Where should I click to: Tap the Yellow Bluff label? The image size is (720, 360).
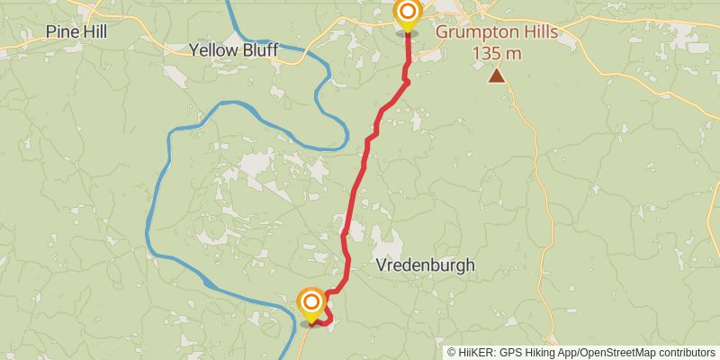pyautogui.click(x=234, y=49)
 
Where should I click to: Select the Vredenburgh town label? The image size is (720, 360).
pyautogui.click(x=425, y=265)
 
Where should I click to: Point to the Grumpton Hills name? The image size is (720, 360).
pyautogui.click(x=497, y=32)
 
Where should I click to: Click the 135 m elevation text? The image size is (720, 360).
pyautogui.click(x=497, y=52)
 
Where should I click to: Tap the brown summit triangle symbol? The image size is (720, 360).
pyautogui.click(x=496, y=76)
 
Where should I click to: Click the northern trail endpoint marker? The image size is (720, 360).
pyautogui.click(x=408, y=13)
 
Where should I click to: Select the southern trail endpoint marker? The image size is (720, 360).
pyautogui.click(x=311, y=301)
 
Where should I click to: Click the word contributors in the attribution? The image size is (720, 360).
pyautogui.click(x=685, y=352)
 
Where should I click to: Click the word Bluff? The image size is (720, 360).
pyautogui.click(x=259, y=49)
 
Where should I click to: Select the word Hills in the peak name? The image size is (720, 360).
pyautogui.click(x=537, y=32)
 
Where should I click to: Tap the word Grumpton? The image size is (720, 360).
pyautogui.click(x=475, y=32)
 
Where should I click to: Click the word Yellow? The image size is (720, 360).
pyautogui.click(x=213, y=49)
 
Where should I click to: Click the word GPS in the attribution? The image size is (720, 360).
pyautogui.click(x=510, y=352)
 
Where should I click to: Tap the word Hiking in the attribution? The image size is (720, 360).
pyautogui.click(x=540, y=352)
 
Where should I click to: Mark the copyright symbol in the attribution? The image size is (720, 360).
pyautogui.click(x=452, y=352)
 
